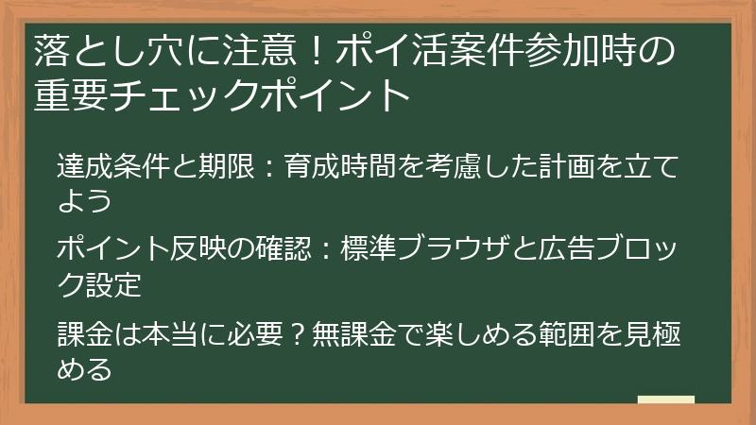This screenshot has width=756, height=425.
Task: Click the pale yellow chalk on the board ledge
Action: [666, 399]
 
